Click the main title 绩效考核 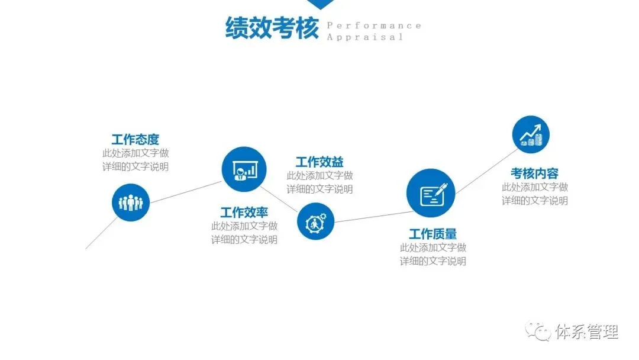coord(272,28)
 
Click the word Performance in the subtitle coord(374,25)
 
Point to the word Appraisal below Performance coord(364,37)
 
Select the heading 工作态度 coord(135,140)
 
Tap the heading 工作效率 coord(244,212)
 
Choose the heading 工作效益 coord(319,162)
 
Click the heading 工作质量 coord(433,234)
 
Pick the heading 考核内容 coord(535,173)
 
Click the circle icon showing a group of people coord(131,202)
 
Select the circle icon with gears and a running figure coord(315,221)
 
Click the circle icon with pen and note coord(430,192)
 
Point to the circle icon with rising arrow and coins coord(531,134)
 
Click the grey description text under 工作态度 coord(135,160)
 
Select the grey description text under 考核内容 coord(535,194)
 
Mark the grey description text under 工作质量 coord(433,254)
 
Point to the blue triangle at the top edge coord(319,4)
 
